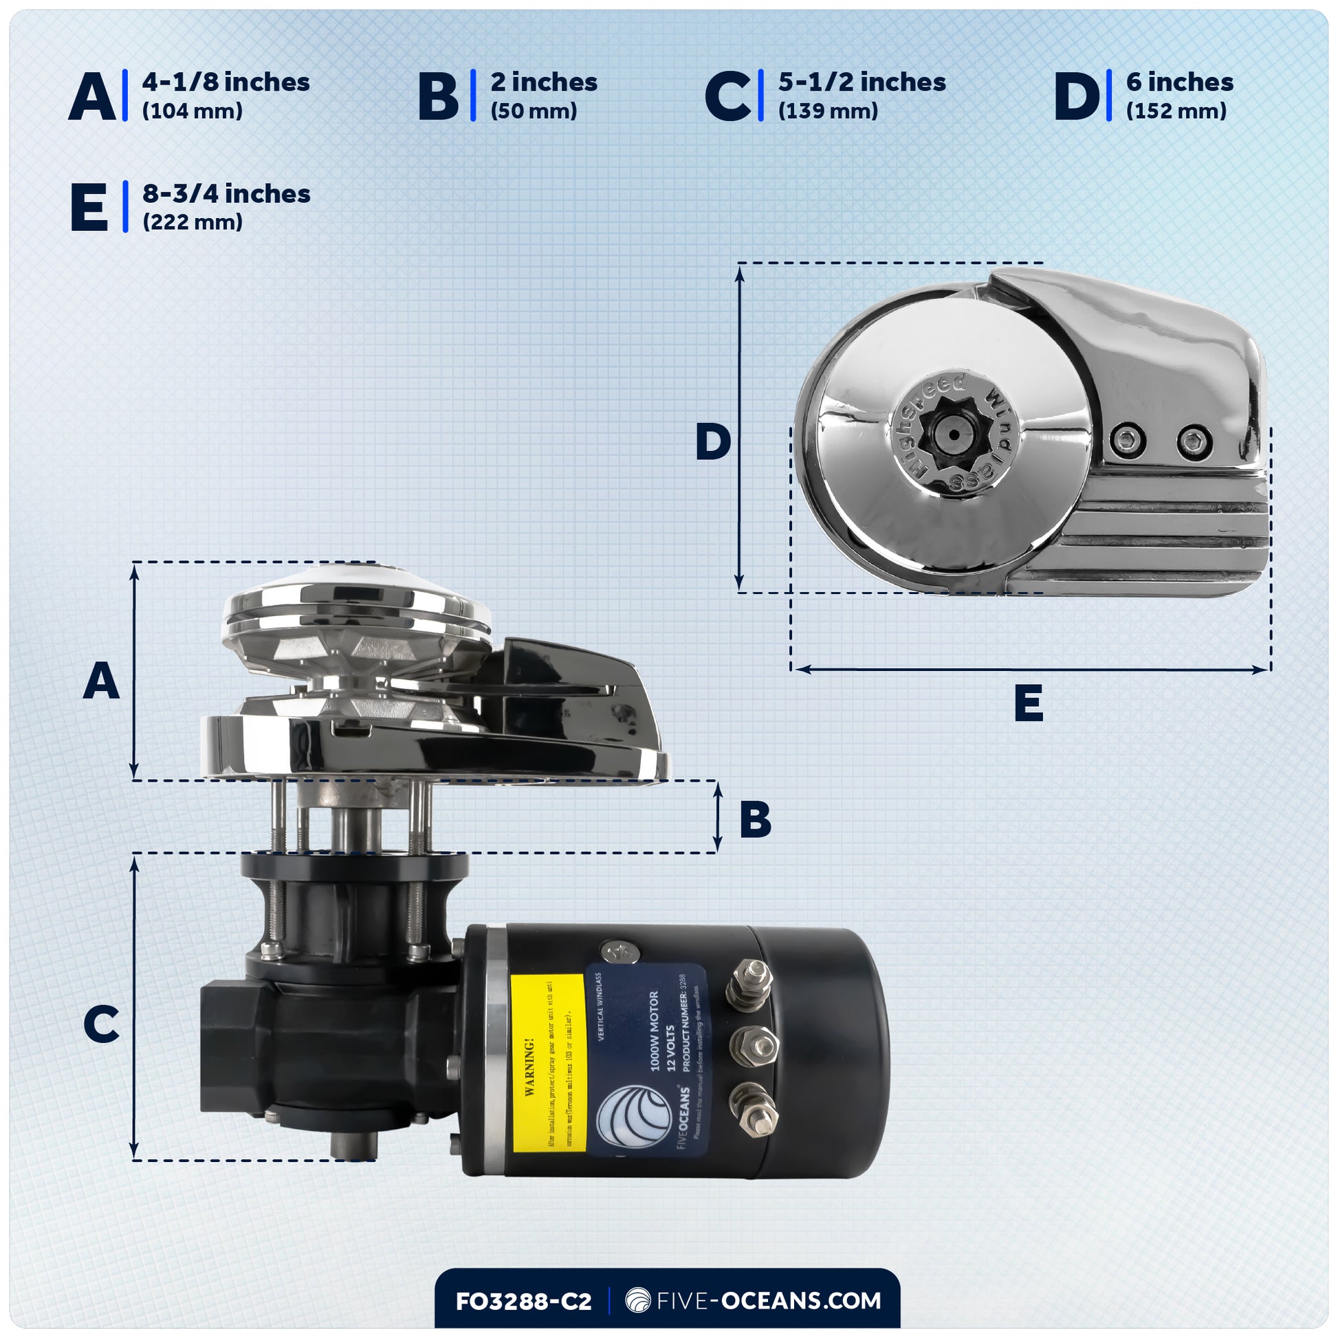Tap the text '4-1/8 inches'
pos(226,83)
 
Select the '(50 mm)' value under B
pos(534,111)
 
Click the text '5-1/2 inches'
pos(862,83)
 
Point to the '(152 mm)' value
pos(1176,111)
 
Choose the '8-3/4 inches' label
pos(226,194)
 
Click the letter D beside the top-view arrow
pos(712,442)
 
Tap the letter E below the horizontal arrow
pos(1029,703)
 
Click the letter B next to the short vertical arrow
pos(755,820)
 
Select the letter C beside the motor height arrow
pos(101,1024)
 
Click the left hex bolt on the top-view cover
pos(1128,441)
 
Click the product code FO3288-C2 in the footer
pos(523,1302)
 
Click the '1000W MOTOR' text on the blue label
pos(655,1031)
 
